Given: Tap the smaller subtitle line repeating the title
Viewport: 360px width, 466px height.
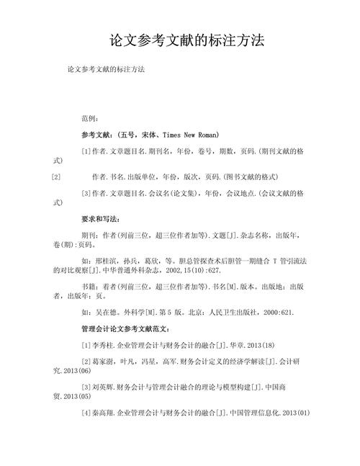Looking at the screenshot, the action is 106,70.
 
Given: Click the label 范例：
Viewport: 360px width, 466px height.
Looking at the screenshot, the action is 93,117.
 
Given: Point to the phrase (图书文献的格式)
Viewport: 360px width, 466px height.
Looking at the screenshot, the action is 244,176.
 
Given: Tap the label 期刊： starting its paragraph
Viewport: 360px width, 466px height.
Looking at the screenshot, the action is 91,235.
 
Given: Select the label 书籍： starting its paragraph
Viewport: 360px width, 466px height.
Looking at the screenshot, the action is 91,287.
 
